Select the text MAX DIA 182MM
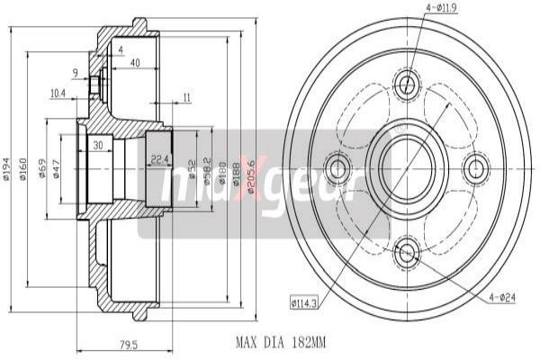pos(280,342)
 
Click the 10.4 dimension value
pos(59,93)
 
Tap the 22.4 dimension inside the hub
pos(159,160)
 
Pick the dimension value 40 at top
pos(134,62)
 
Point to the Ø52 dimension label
pos(193,168)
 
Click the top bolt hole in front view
pos(407,85)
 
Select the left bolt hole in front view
pos(339,168)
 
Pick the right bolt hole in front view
pos(475,168)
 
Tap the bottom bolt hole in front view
pos(407,252)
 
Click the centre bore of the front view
pos(407,168)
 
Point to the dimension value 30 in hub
pos(96,147)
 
